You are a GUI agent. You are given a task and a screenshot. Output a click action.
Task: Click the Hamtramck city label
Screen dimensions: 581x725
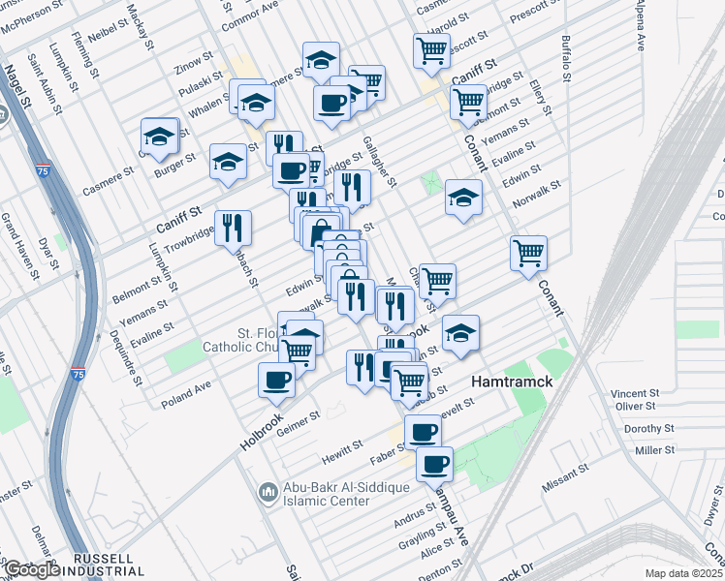512,382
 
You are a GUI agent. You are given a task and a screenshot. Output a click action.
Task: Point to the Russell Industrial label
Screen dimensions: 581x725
103,566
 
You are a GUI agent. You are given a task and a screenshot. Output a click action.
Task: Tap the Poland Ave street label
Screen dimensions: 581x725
186,391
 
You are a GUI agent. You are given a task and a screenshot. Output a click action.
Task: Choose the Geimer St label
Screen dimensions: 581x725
299,418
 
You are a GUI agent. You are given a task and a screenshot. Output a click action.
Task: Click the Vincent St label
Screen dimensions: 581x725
636,394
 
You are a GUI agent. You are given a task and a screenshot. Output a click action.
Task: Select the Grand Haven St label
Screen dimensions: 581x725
22,254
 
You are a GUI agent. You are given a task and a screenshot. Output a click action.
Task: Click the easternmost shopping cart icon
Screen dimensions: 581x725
528,254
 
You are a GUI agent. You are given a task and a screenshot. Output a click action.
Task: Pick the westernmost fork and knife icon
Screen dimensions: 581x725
233,228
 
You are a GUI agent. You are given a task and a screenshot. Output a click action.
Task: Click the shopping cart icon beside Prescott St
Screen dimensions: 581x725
431,49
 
